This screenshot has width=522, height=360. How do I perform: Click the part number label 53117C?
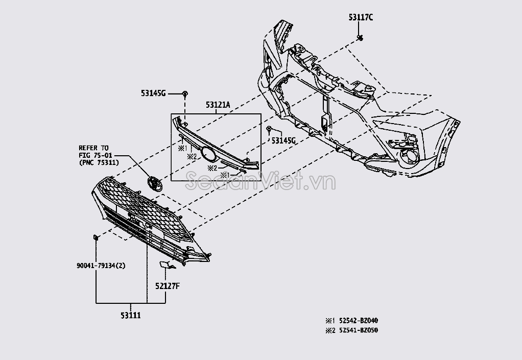(361, 17)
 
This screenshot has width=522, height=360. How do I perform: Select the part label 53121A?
(218, 105)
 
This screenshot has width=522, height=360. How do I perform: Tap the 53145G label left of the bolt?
(153, 93)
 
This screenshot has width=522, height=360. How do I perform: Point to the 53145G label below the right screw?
(283, 141)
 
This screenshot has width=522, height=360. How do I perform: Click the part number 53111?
(131, 315)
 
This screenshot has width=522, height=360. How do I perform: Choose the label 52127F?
(167, 286)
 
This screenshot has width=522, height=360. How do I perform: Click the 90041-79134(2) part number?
(101, 266)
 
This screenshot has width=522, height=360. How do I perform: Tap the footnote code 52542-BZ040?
(359, 321)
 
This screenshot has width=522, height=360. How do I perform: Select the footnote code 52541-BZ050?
(359, 330)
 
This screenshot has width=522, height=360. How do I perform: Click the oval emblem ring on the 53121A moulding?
(208, 154)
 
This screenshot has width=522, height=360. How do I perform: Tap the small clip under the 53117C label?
(360, 38)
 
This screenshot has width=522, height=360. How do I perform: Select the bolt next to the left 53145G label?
(185, 94)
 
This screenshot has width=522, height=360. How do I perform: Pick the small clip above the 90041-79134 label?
(96, 237)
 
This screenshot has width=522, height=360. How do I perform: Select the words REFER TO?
(93, 148)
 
